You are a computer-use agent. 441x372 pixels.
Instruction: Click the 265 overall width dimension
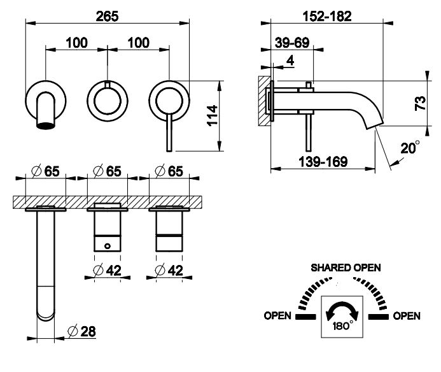coord(108,17)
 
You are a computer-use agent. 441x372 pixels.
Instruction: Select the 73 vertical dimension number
coord(421,104)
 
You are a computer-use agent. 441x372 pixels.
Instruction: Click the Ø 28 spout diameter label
coord(83,331)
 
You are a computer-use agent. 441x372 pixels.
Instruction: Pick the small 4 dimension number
coord(290,61)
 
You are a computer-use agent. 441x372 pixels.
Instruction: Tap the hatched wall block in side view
coord(262,100)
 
